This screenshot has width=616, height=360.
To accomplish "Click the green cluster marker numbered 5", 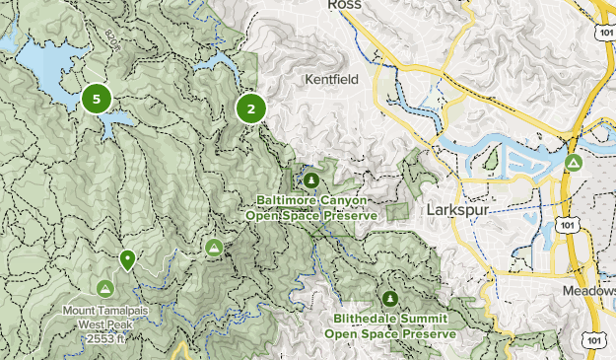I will point(96,99).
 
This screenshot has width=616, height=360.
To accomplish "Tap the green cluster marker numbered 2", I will point(251,109).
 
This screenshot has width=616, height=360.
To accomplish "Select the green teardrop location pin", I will point(127,260).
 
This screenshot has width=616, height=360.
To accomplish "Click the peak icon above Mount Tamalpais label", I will point(105,288).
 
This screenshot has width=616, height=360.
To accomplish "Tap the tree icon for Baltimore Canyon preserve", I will point(311,180).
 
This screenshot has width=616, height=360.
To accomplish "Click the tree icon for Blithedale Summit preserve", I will point(390,299).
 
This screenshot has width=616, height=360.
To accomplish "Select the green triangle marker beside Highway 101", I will point(573,163).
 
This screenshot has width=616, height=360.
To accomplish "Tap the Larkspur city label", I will point(459,210).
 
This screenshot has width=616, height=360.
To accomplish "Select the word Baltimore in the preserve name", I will point(287,200).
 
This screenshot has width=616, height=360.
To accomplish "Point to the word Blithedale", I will point(363,320).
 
